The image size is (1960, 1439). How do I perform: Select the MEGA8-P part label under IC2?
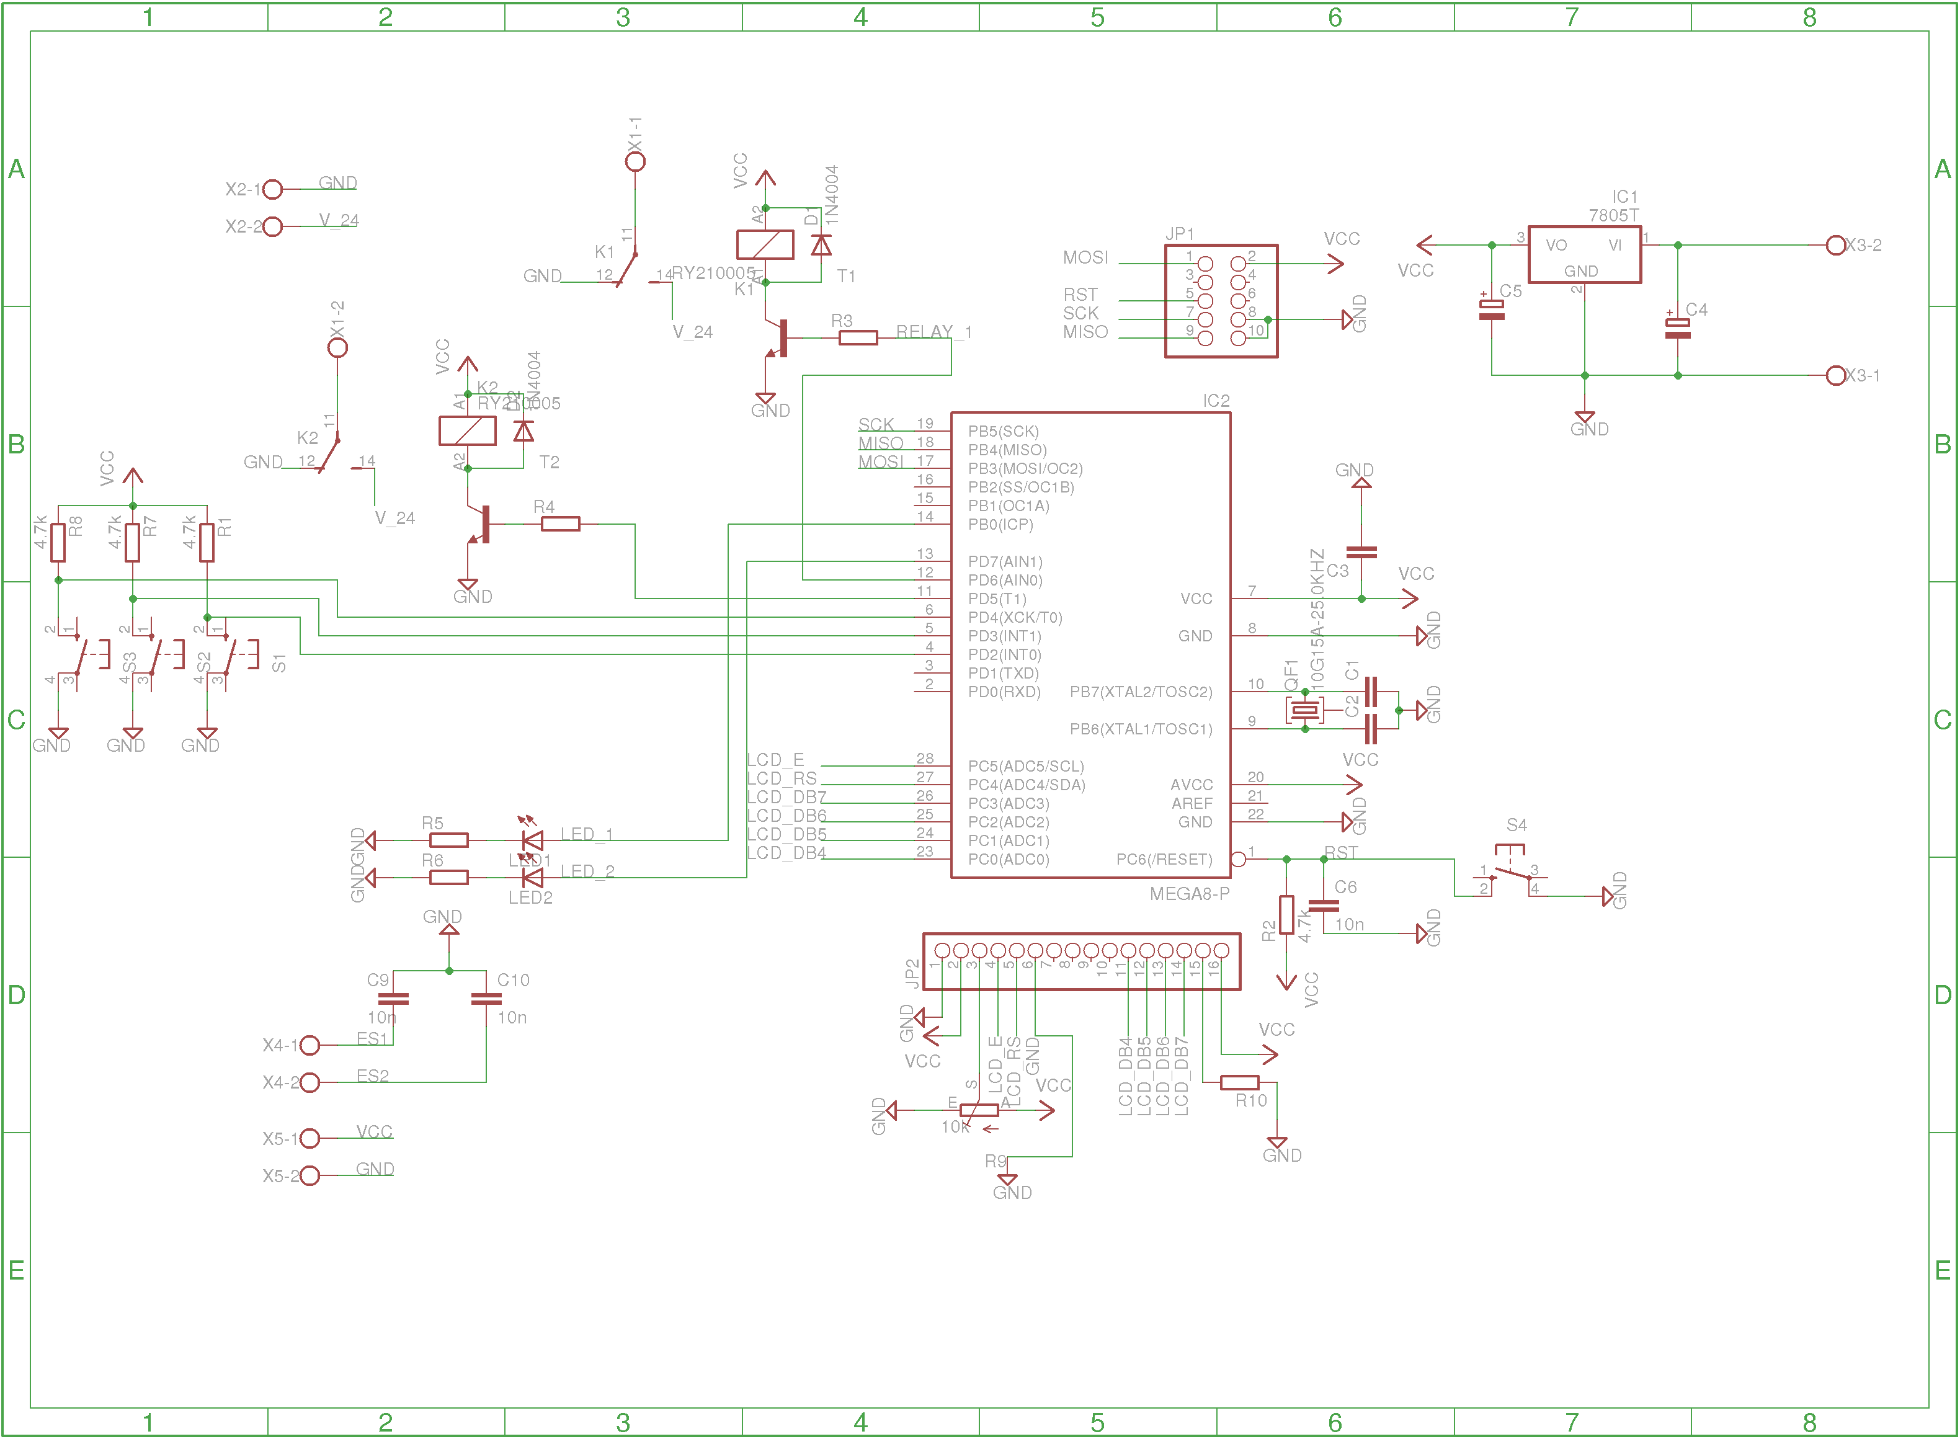click(1189, 894)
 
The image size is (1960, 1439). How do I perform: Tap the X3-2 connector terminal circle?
click(1835, 246)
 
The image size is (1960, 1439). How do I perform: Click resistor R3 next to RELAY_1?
click(858, 338)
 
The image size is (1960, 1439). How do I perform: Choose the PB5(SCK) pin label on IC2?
click(1003, 431)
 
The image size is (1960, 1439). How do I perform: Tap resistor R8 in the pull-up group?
click(58, 542)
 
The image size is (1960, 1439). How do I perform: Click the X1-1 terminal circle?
click(636, 161)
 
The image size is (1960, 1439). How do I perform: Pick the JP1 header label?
click(1180, 233)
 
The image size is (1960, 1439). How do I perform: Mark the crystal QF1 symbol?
click(1304, 710)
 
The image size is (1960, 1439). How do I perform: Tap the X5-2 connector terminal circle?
click(310, 1176)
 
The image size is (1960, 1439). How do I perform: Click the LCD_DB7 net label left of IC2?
click(786, 797)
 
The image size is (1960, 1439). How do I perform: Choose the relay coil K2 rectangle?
click(468, 431)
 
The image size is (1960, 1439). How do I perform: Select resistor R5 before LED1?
click(448, 840)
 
